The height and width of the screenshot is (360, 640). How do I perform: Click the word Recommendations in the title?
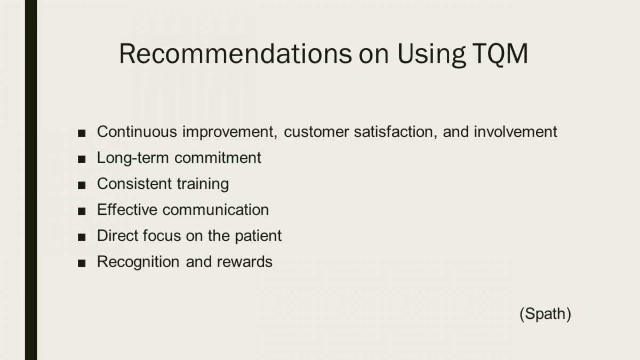(235, 54)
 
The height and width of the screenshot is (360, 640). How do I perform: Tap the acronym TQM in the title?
(500, 54)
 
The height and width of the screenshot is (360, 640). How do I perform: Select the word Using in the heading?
(431, 55)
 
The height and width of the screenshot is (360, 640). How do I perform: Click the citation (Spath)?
(545, 314)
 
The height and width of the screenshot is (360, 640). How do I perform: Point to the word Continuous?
(137, 132)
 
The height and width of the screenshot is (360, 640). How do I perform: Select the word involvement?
(515, 132)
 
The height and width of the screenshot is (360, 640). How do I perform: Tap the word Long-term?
(133, 158)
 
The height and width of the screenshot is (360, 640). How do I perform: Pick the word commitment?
(218, 158)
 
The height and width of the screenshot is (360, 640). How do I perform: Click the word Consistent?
(134, 183)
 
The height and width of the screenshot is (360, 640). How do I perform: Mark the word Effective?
(127, 210)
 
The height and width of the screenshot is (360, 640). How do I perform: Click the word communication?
(215, 210)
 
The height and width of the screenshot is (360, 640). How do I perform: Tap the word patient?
(258, 236)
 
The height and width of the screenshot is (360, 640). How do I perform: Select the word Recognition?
(138, 262)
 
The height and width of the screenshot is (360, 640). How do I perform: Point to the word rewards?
(245, 262)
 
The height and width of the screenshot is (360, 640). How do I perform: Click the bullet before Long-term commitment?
(82, 159)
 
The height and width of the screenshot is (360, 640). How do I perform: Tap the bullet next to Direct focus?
(82, 237)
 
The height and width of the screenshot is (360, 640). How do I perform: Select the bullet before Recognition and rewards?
(82, 263)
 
